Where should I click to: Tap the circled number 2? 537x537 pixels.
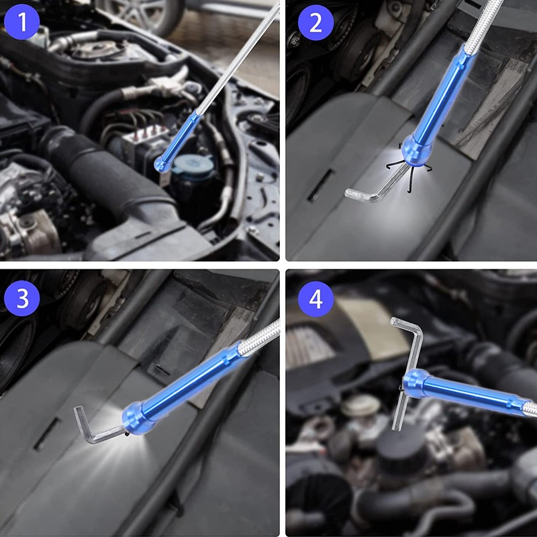click(x=315, y=23)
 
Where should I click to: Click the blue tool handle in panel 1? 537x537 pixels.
click(x=183, y=138)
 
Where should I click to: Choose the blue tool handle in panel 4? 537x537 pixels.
click(x=463, y=393)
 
